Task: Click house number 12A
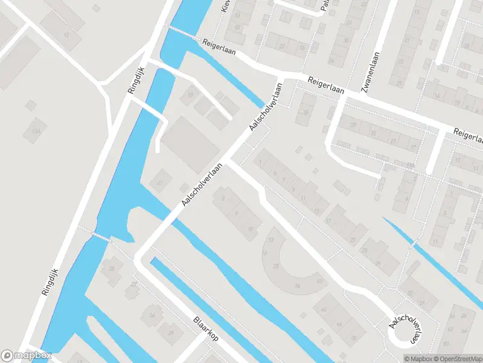tap(36, 131)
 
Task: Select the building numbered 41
tap(160, 181)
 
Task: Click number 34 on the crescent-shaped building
tap(297, 286)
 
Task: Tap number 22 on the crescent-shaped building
tap(276, 266)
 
